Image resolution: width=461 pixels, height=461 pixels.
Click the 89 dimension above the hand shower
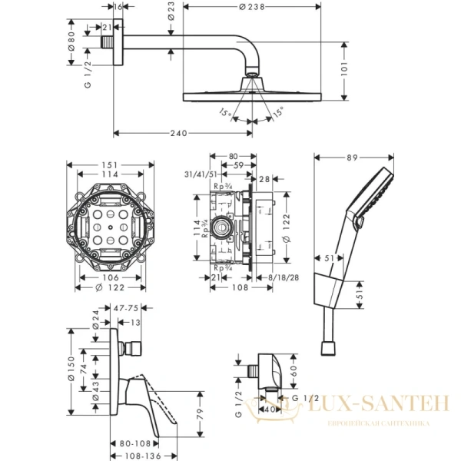[x=353, y=158]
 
